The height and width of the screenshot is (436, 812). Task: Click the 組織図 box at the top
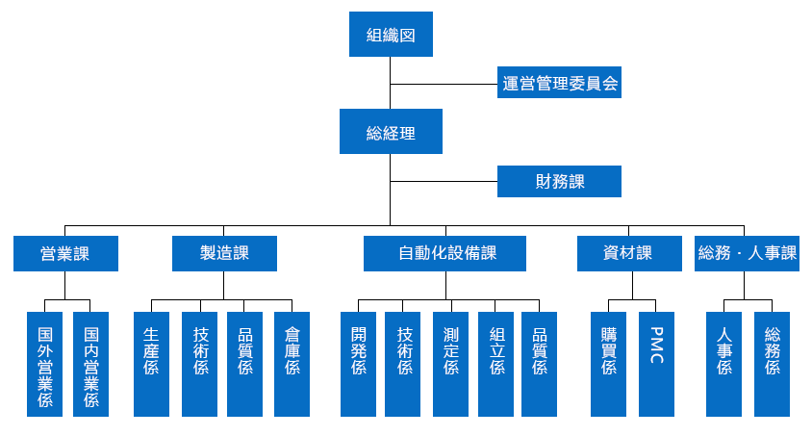click(391, 35)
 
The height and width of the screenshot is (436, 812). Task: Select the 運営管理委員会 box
click(559, 83)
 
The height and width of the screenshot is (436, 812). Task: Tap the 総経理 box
click(391, 132)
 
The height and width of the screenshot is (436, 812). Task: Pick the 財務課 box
click(559, 182)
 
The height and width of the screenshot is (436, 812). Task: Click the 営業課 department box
click(65, 254)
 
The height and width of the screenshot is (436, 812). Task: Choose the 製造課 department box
click(225, 254)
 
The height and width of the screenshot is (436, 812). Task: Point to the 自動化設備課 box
click(444, 254)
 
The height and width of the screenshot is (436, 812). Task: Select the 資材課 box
click(630, 254)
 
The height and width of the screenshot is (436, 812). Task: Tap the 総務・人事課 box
click(748, 254)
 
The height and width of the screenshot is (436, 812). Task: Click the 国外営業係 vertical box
click(45, 365)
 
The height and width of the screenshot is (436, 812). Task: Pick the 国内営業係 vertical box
click(91, 365)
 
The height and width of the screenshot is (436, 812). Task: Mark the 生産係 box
click(152, 365)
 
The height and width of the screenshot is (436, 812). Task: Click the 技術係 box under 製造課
click(200, 365)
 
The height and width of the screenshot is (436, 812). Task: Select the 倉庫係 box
click(292, 365)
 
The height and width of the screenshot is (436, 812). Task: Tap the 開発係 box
click(358, 365)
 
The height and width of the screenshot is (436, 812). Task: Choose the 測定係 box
click(451, 365)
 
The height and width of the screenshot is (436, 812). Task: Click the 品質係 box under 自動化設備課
click(539, 365)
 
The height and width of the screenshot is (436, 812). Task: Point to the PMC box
click(657, 365)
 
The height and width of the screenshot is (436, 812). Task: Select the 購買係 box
click(608, 365)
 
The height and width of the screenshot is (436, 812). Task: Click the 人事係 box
click(723, 365)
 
